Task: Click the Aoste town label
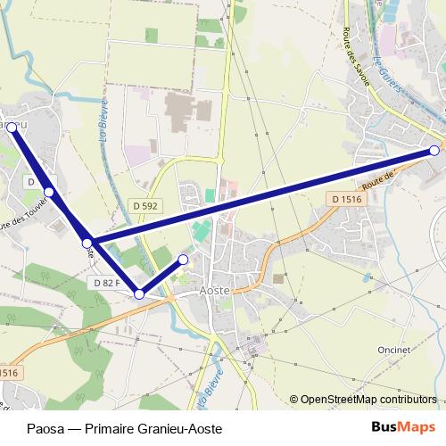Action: pyautogui.click(x=217, y=291)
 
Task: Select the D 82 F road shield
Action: pyautogui.click(x=106, y=282)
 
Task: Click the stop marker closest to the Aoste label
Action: pyautogui.click(x=183, y=260)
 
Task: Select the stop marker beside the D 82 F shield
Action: pyautogui.click(x=139, y=293)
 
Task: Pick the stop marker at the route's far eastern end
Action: pyautogui.click(x=434, y=151)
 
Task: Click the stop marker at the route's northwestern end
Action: pyautogui.click(x=12, y=128)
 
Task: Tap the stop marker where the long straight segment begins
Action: pyautogui.click(x=87, y=243)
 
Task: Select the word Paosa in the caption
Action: pyautogui.click(x=45, y=428)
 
